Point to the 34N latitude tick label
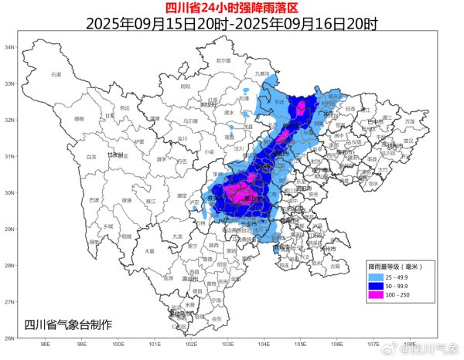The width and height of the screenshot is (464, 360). (x=12, y=47)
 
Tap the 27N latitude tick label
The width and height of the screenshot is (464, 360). (x=12, y=301)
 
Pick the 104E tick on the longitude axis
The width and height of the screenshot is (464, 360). (x=264, y=344)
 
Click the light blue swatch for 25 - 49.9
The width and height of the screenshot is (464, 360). (x=377, y=276)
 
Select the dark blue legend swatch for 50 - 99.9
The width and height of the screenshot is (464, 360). (x=377, y=284)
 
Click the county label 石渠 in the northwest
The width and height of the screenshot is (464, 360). (x=56, y=74)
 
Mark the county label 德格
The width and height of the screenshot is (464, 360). (x=78, y=119)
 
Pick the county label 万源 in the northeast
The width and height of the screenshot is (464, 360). (x=410, y=121)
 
